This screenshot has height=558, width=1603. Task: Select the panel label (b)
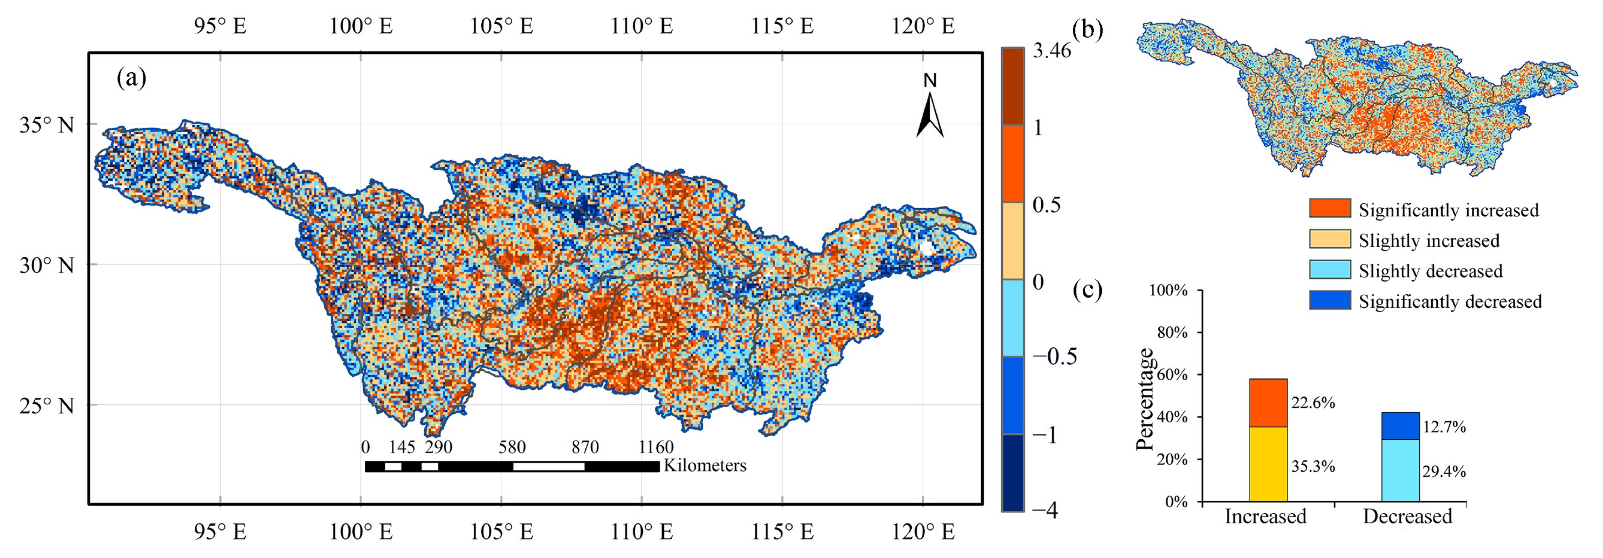pos(1088,29)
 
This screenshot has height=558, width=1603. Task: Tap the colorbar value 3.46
pos(1052,50)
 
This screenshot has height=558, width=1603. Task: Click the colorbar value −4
pos(1044,511)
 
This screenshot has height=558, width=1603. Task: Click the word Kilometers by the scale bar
pos(705,465)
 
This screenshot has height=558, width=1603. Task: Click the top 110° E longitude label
pos(642,26)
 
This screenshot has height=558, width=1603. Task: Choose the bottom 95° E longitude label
pos(220,533)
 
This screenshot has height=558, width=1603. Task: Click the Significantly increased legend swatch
pos(1330,208)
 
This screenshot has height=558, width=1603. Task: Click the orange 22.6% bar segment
pos(1268,403)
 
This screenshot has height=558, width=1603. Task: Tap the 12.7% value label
pos(1444,427)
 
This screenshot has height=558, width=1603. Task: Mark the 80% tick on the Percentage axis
pos(1172,332)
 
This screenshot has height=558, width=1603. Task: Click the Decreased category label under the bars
pos(1407,516)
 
